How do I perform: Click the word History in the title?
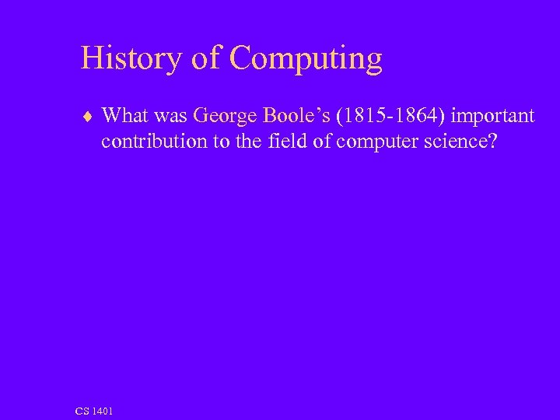tap(130, 59)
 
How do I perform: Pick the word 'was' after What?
tap(170, 117)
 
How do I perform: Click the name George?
tap(224, 117)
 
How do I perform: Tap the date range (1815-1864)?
tap(385, 117)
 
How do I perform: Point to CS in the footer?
tap(83, 410)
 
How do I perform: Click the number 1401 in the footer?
tap(103, 410)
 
